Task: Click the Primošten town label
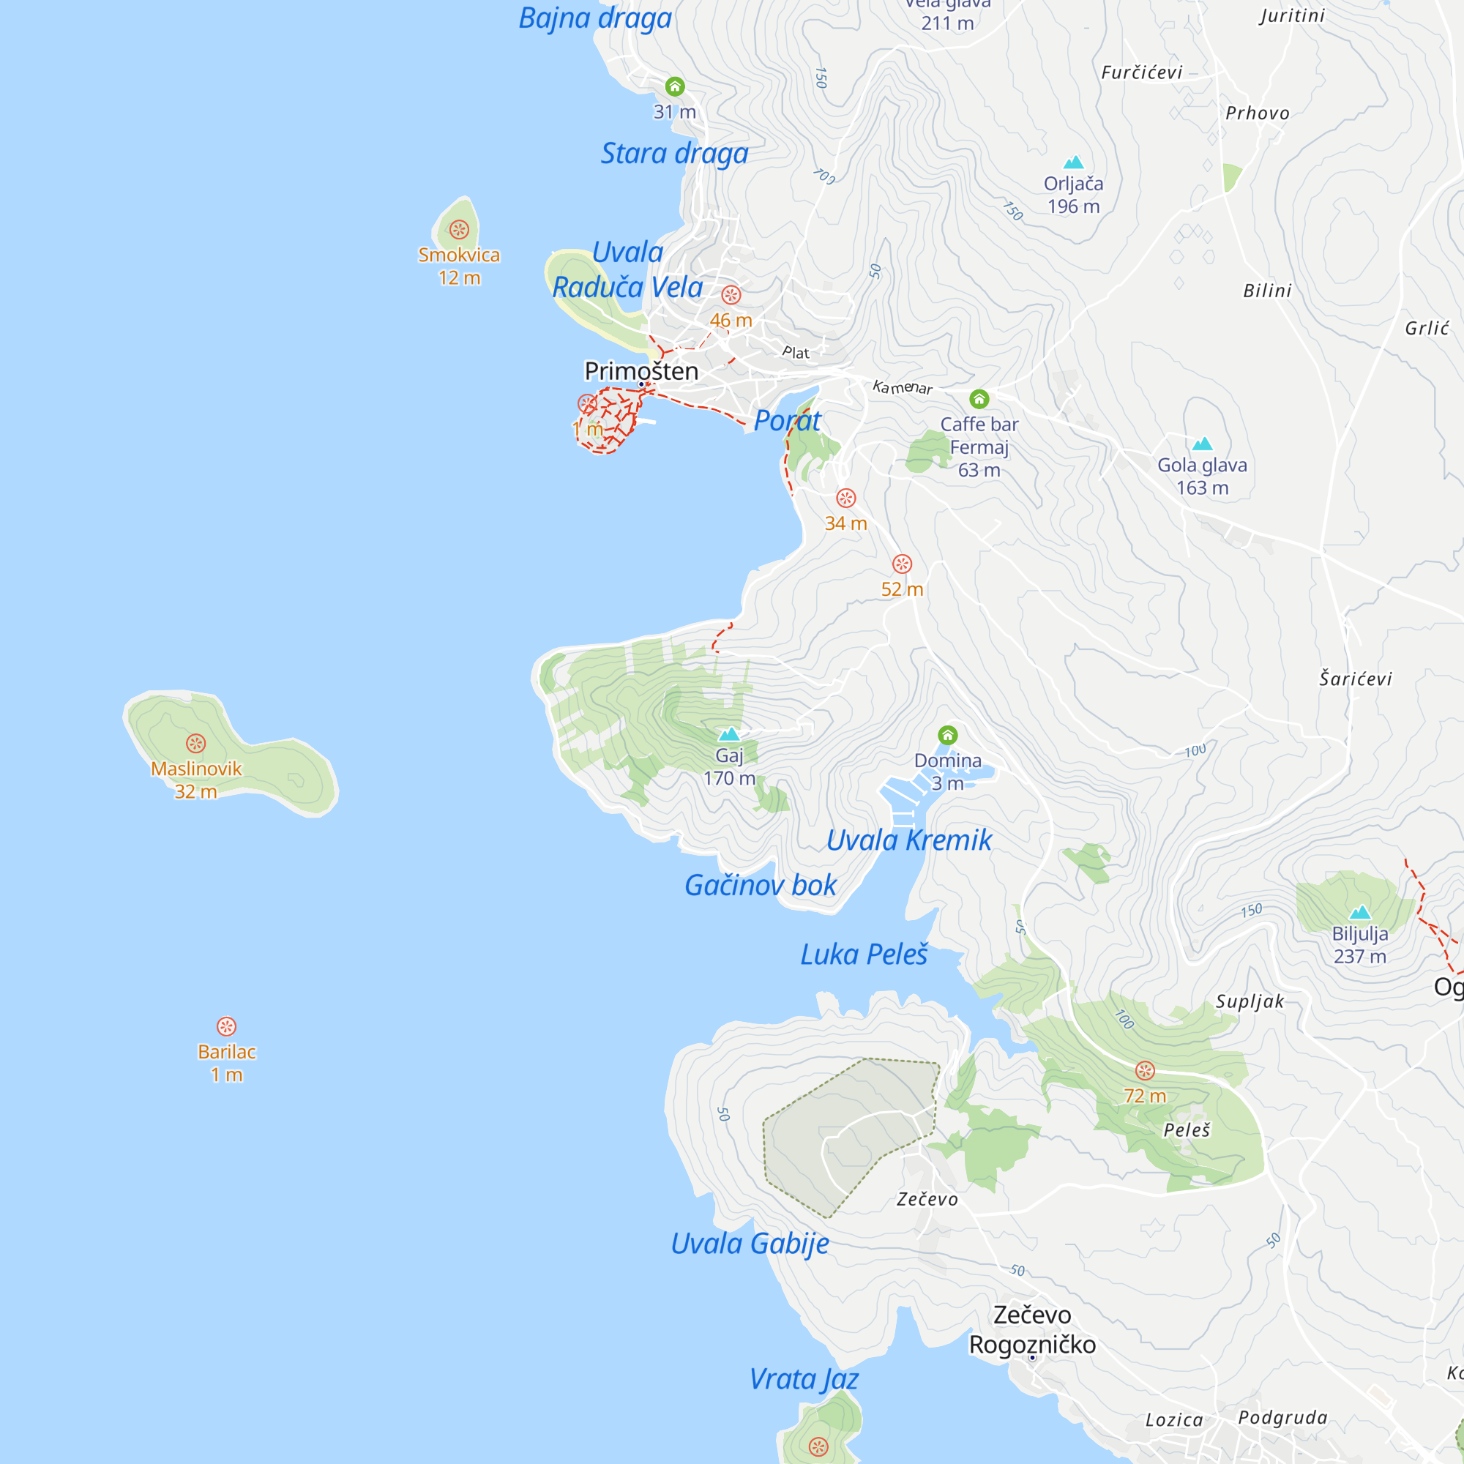pos(641,371)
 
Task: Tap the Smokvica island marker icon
pos(459,230)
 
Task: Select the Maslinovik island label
pos(196,769)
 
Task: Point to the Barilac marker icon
pos(227,1026)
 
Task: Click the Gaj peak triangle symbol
pos(729,733)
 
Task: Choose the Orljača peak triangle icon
pos(1073,163)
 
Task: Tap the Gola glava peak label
pos(1202,466)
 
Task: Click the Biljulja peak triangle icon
pos(1360,912)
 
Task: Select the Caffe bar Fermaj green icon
pos(979,399)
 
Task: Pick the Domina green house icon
pos(948,735)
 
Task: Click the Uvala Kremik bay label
pos(908,840)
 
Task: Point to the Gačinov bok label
pos(760,885)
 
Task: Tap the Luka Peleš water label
pos(864,955)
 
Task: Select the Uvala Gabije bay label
pos(750,1244)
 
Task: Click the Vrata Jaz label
pos(803,1379)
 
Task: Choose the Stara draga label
pos(674,154)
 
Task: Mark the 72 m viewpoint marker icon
pos(1145,1070)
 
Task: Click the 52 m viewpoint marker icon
pos(902,564)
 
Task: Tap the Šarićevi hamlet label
pos(1356,679)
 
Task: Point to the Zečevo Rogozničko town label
pos(1032,1330)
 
